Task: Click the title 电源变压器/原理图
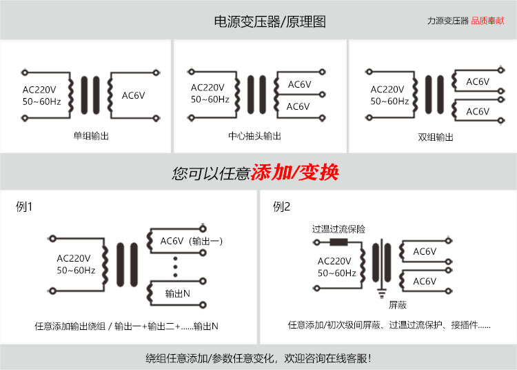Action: (270, 21)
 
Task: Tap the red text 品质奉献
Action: (487, 21)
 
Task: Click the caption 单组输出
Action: (91, 136)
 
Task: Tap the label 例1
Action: (24, 206)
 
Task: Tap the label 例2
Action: (282, 206)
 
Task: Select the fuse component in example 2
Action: (338, 242)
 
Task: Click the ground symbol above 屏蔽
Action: (380, 293)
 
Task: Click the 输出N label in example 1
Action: (177, 293)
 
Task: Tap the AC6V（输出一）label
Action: (192, 241)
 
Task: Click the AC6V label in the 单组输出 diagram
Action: (133, 95)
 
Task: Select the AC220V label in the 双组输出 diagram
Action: (387, 89)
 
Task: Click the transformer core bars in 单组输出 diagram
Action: (90, 95)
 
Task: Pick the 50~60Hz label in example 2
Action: (336, 273)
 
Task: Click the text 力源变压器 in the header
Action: (447, 21)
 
